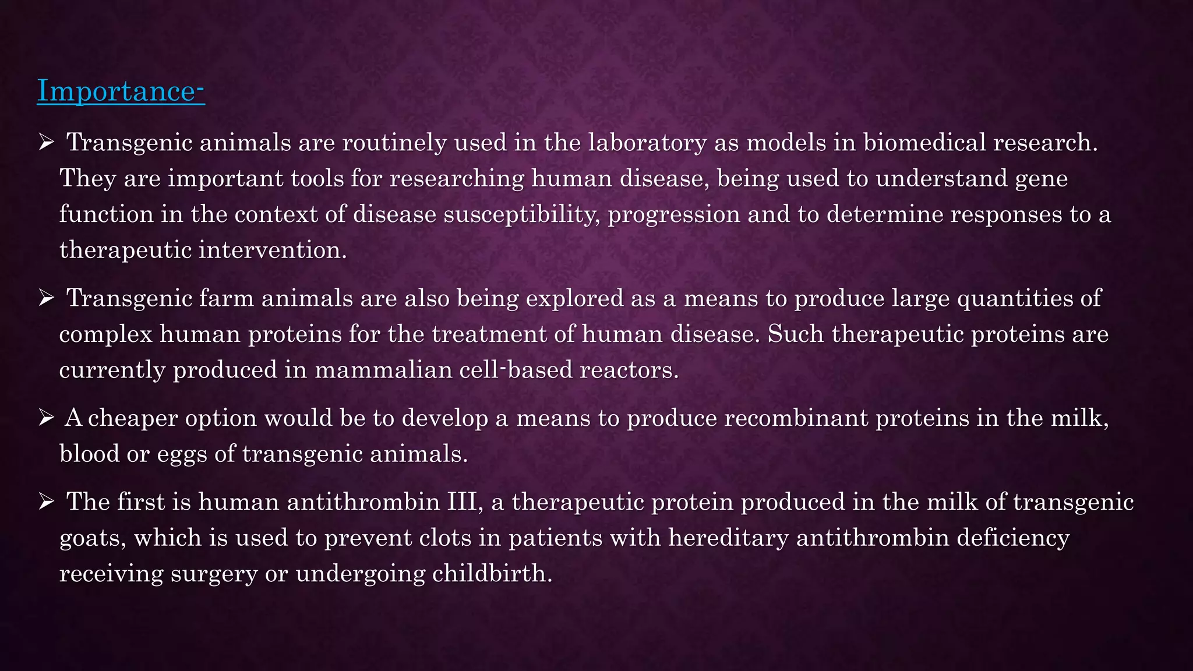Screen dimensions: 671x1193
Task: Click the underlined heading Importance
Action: click(x=121, y=91)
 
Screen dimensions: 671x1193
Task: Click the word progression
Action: click(x=674, y=215)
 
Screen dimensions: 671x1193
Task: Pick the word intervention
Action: click(x=273, y=250)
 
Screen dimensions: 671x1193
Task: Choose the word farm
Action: click(x=226, y=298)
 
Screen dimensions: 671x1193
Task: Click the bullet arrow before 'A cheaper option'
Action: click(x=46, y=418)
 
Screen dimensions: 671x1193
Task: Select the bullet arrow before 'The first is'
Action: click(x=46, y=502)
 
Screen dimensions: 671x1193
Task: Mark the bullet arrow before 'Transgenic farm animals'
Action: click(x=46, y=298)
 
